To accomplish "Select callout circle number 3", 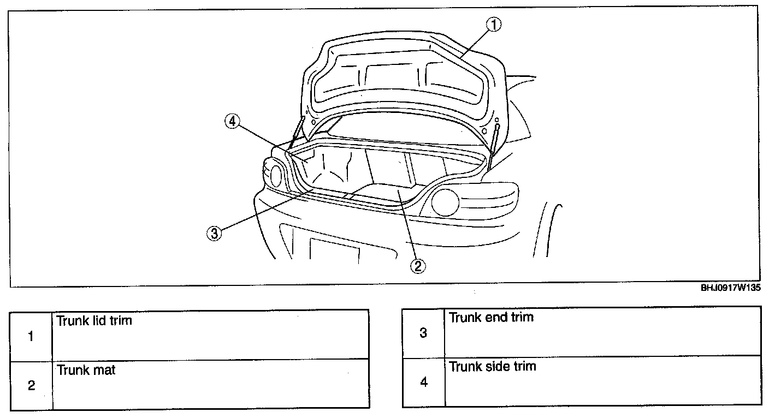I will pyautogui.click(x=214, y=234).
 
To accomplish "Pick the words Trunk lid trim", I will pyautogui.click(x=94, y=320).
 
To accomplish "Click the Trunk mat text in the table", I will pyautogui.click(x=86, y=370).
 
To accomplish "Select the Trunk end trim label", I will pyautogui.click(x=490, y=317).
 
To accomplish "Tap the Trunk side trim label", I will pyautogui.click(x=492, y=366).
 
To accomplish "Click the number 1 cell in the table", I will pyautogui.click(x=32, y=336).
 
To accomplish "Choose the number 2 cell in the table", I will pyautogui.click(x=32, y=385).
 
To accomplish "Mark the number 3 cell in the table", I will pyautogui.click(x=423, y=332).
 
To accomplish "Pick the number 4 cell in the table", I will pyautogui.click(x=423, y=382).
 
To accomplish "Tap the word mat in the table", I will pyautogui.click(x=105, y=370).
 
